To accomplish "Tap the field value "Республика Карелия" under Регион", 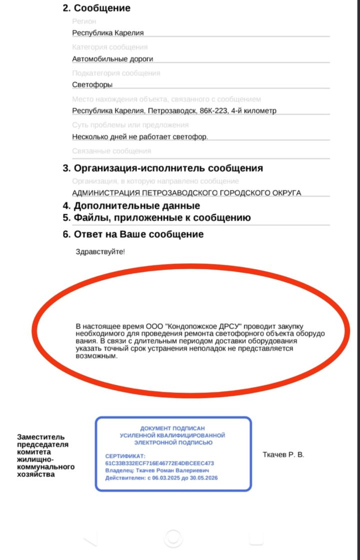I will (107, 33).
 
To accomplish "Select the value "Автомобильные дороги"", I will (112, 59).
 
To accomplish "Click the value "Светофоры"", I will (92, 85).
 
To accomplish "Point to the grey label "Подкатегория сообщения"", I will (116, 73).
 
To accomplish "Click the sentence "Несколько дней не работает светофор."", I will (139, 137).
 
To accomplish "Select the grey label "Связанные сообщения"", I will (111, 151).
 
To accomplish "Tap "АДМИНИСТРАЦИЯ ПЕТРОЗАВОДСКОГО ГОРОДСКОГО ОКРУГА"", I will (186, 193).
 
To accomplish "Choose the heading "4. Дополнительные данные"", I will (131, 206).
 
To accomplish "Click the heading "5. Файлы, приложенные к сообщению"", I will (156, 218).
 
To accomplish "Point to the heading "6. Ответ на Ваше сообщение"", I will (133, 234).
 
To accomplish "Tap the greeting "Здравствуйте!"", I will (99, 251).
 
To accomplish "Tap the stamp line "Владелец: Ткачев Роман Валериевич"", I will (157, 471).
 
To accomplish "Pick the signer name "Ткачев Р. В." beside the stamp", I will (283, 455).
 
